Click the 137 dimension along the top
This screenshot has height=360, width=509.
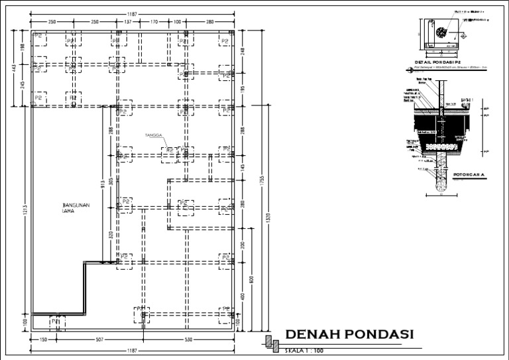click(x=128, y=22)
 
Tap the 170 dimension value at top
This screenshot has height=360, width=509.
click(x=154, y=22)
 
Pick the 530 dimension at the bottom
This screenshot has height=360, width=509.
click(x=188, y=339)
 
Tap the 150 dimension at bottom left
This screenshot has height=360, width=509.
click(x=42, y=339)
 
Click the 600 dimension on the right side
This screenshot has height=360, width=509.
click(x=251, y=278)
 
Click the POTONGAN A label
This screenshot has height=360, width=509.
click(x=470, y=175)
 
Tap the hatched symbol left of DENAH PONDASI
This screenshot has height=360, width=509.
click(x=272, y=342)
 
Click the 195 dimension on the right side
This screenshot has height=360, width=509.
click(x=242, y=90)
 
